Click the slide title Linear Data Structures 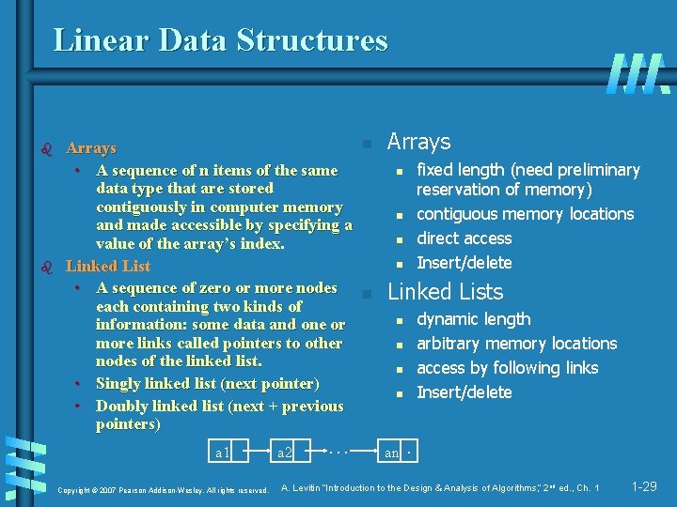[x=220, y=40]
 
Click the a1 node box [x=224, y=453]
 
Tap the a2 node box [x=285, y=453]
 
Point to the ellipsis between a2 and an [x=338, y=450]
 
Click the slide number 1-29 [x=644, y=486]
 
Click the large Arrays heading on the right [x=418, y=142]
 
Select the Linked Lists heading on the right [x=446, y=292]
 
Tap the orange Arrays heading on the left [x=91, y=148]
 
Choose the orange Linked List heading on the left [x=108, y=266]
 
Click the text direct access [x=464, y=238]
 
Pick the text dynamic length [x=473, y=319]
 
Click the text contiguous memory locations [x=525, y=214]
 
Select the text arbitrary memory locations [x=516, y=344]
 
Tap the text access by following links [x=507, y=368]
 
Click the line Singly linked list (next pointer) [x=207, y=384]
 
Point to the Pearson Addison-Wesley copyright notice [x=164, y=490]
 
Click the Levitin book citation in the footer [x=440, y=487]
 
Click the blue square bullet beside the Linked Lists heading [x=368, y=294]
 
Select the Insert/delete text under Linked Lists [x=464, y=392]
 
